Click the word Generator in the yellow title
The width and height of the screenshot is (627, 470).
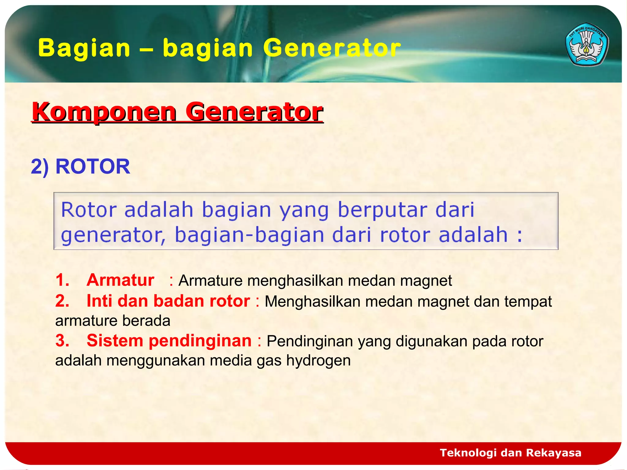point(332,48)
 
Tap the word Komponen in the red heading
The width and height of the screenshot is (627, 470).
point(104,112)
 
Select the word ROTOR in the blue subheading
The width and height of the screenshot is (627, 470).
point(92,167)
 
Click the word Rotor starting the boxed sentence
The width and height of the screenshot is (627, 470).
point(89,210)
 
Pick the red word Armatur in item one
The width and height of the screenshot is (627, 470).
point(120,280)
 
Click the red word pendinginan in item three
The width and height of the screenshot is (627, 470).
point(200,341)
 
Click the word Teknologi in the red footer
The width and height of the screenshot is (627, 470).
point(468,453)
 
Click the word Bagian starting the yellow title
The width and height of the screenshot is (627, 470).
point(84,48)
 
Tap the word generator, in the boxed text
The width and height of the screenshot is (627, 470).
point(113,236)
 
